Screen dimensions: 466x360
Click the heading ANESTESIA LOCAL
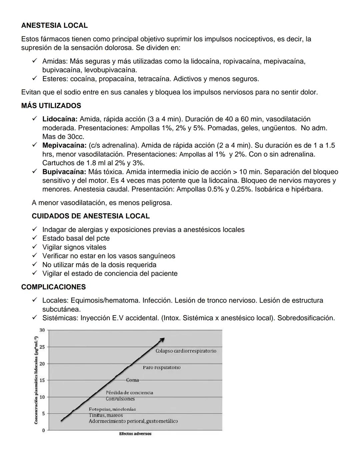coord(54,25)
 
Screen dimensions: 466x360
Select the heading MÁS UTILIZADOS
coord(51,106)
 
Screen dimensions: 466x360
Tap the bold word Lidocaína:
coord(60,119)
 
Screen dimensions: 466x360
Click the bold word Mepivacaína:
coord(64,145)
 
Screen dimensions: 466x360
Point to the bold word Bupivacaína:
coord(64,172)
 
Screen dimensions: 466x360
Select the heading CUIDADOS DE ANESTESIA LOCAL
coord(91,216)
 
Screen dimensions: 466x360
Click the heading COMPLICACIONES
coord(53,287)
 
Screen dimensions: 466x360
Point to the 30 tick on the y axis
coord(42,330)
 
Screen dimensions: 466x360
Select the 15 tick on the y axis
coord(42,380)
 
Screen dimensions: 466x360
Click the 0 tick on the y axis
coord(43,430)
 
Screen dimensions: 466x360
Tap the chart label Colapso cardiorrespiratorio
coord(186,351)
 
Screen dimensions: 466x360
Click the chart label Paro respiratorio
coord(162,367)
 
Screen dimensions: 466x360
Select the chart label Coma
coord(132,380)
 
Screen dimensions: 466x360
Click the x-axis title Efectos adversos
coord(135,434)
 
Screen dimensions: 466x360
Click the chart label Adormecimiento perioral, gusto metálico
coord(133,421)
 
